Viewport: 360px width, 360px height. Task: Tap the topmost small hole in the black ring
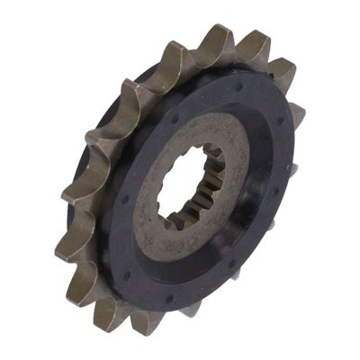(x=238, y=87)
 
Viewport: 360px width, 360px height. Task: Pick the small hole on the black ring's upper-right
(x=280, y=122)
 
